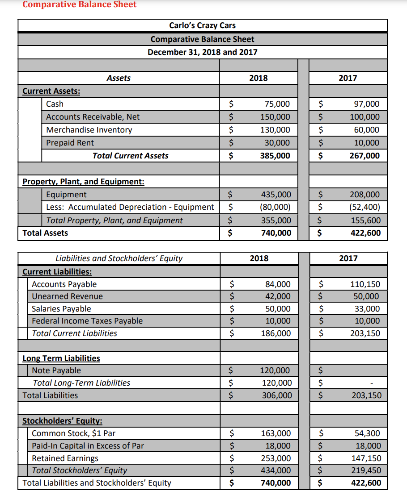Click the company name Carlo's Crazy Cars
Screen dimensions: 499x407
pyautogui.click(x=202, y=25)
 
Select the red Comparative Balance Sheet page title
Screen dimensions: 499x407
pyautogui.click(x=80, y=4)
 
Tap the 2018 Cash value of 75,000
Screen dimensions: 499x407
pyautogui.click(x=277, y=104)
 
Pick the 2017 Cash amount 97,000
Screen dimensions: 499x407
pyautogui.click(x=366, y=104)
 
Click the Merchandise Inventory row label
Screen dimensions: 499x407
pyautogui.click(x=89, y=130)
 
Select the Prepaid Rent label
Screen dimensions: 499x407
pyautogui.click(x=70, y=143)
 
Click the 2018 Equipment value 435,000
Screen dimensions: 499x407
pyautogui.click(x=276, y=195)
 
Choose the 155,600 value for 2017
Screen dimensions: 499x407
pyautogui.click(x=365, y=220)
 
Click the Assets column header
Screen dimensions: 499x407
pyautogui.click(x=119, y=78)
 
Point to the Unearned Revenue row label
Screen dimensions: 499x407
pyautogui.click(x=67, y=296)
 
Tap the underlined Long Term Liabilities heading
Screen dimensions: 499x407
pyautogui.click(x=61, y=358)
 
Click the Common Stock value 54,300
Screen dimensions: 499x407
pyautogui.click(x=368, y=433)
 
